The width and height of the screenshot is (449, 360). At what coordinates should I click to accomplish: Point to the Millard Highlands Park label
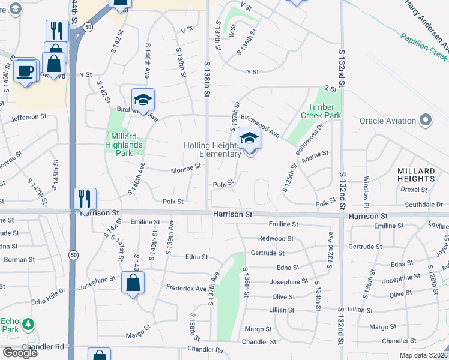124,145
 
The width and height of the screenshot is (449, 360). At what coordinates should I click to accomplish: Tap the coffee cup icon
25,70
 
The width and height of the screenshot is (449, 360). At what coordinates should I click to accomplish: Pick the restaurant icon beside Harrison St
85,198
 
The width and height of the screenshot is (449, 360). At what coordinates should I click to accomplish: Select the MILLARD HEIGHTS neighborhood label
416,175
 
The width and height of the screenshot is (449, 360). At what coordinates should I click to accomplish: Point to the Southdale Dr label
423,205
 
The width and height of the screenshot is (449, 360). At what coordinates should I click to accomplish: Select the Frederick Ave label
186,289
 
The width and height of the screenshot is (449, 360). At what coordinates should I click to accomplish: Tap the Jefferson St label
29,116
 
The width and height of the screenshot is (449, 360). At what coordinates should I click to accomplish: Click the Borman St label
16,260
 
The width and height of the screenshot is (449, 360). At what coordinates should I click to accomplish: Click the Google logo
20,353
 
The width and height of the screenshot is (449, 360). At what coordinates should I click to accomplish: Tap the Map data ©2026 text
423,355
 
